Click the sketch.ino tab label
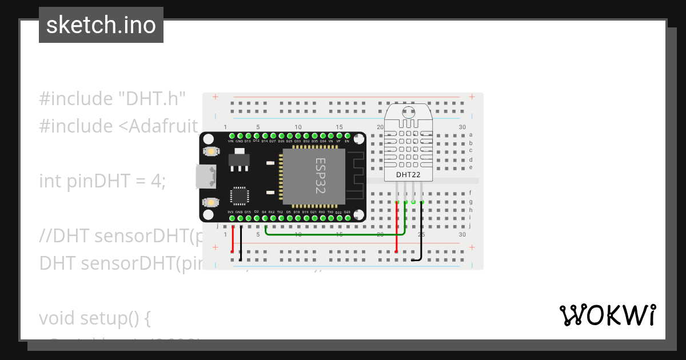[x=101, y=25]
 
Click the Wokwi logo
[x=607, y=315]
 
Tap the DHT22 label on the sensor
[x=408, y=174]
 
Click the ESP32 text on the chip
[x=320, y=176]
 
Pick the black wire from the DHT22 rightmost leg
[x=421, y=234]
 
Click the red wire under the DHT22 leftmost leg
[x=397, y=229]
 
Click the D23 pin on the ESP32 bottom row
[x=347, y=218]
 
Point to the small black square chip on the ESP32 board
[x=238, y=196]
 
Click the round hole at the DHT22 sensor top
[x=408, y=112]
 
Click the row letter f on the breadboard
[x=470, y=193]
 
